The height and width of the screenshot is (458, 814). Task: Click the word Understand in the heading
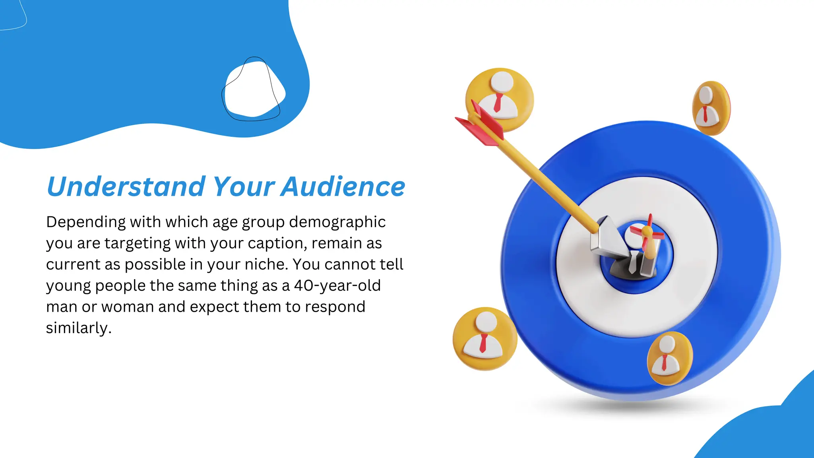(126, 186)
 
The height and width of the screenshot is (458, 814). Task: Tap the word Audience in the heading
(343, 186)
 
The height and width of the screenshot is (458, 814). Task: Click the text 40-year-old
(337, 285)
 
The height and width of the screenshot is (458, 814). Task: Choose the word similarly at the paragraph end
(78, 328)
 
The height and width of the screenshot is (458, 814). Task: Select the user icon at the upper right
(710, 108)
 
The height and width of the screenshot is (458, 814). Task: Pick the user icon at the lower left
(484, 339)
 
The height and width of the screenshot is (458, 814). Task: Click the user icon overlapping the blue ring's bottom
(669, 358)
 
